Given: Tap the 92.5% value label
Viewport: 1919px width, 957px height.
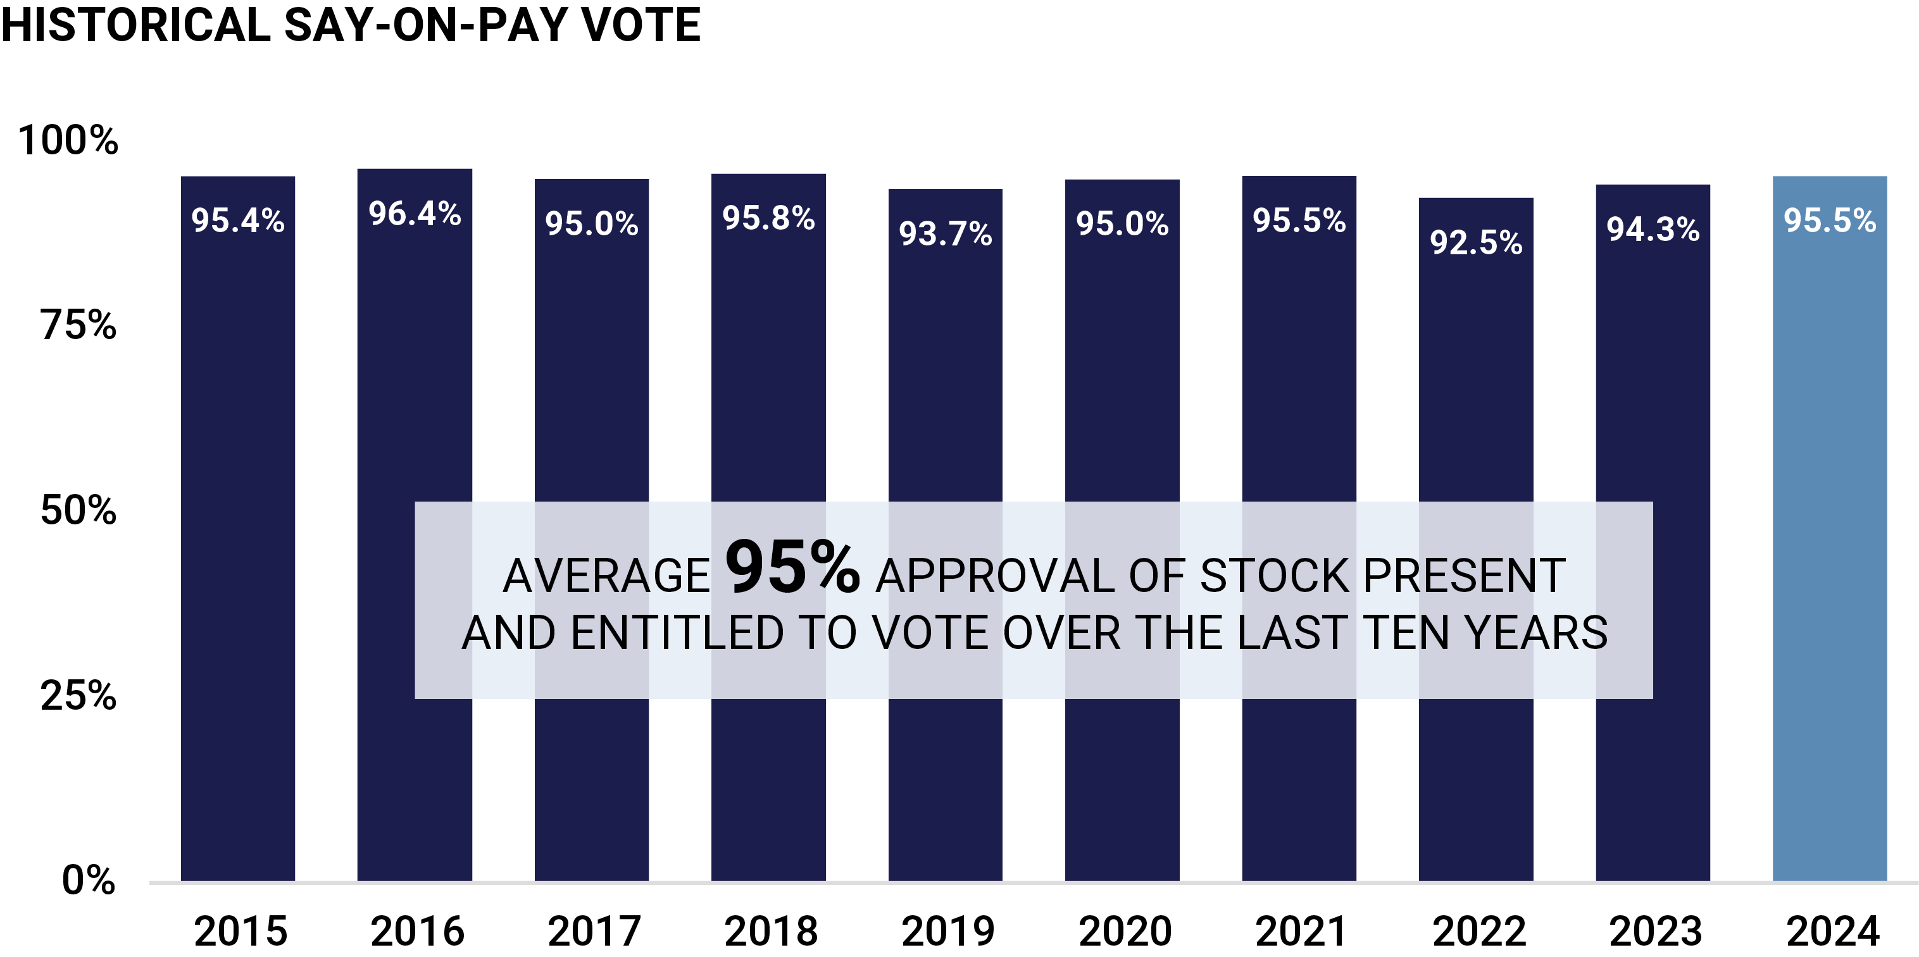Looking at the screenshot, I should point(1476,243).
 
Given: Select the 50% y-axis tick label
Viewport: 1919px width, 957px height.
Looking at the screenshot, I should point(78,510).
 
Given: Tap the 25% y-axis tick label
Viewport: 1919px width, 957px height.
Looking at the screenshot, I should point(78,696).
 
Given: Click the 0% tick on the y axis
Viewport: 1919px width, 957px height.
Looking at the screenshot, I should point(89,880).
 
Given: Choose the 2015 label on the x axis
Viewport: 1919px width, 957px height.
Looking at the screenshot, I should point(241,932).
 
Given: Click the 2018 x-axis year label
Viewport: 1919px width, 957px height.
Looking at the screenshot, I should point(771,932).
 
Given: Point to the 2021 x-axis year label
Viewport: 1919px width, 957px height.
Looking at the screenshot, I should point(1301,932).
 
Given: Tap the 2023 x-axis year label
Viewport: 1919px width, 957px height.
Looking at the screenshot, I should point(1655,932).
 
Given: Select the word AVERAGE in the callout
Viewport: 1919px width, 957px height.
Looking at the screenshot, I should point(606,576).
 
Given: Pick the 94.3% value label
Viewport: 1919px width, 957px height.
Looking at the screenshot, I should point(1653,230).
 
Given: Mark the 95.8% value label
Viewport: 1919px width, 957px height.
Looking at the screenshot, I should point(768,218).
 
